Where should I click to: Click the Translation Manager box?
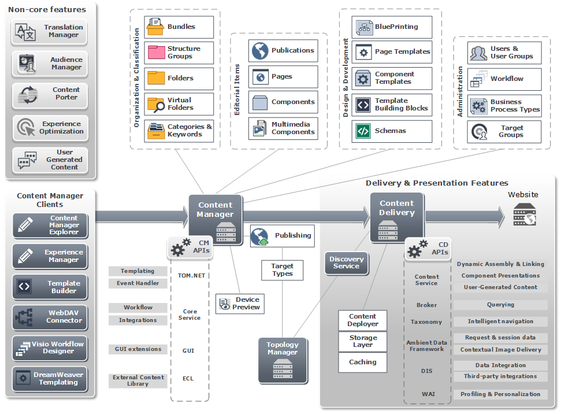50,31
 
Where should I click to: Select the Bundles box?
179,27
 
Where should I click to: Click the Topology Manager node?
283,360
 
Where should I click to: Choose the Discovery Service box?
347,263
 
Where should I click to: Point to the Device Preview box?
240,304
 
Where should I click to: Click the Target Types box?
282,270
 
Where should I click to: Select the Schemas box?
392,131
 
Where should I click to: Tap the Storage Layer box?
363,341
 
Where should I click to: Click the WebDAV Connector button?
50,317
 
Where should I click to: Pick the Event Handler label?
138,283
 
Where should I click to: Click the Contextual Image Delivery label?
500,350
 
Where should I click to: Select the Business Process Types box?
504,106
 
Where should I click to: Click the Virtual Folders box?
179,104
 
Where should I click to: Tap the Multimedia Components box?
283,128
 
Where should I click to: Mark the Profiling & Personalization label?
500,394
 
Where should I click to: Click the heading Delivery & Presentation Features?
437,183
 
